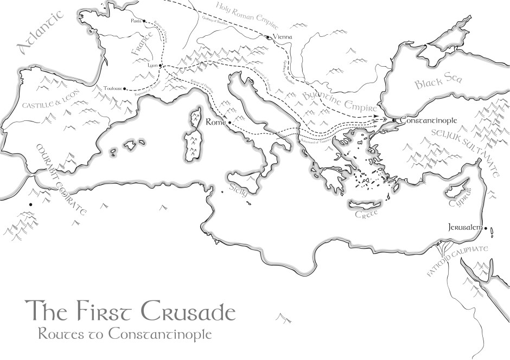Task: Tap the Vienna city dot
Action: pos(268,37)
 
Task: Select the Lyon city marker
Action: pos(161,65)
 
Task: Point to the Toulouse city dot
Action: pos(125,88)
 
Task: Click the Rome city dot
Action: pos(230,123)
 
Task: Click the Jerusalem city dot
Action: pos(486,228)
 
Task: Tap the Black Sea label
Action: pos(438,82)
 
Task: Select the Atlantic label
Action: pos(41,33)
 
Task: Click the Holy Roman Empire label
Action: pos(247,15)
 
